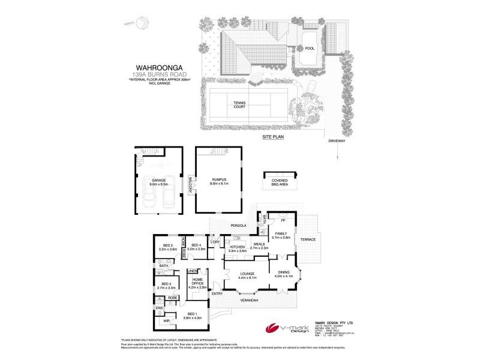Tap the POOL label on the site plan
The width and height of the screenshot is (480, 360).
(x=310, y=49)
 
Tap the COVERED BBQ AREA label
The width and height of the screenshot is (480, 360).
(x=280, y=182)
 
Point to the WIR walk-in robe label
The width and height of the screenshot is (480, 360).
(x=166, y=321)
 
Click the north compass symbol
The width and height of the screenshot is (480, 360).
(x=143, y=23)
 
